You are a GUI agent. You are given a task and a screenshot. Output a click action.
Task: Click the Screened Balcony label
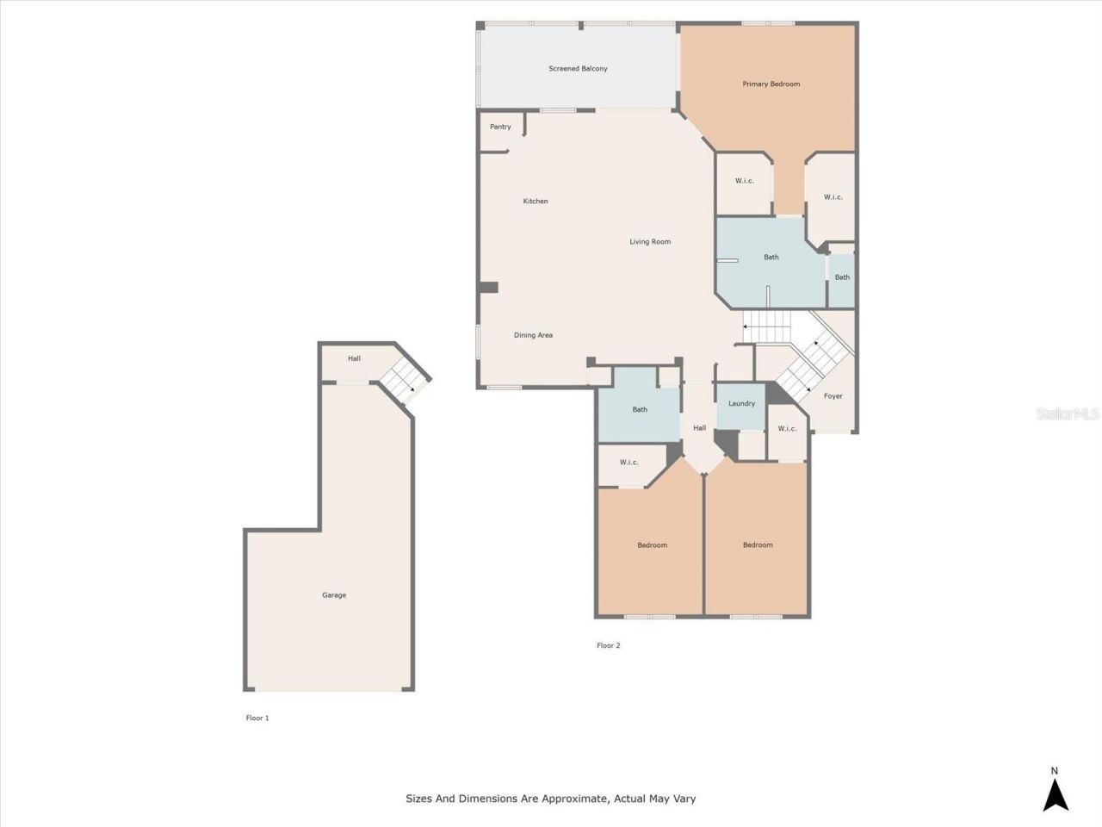(578, 69)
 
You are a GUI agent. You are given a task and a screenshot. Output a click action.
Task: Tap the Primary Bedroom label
(771, 84)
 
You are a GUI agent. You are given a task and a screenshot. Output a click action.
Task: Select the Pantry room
(500, 127)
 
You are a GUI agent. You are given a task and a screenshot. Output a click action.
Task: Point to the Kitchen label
(536, 202)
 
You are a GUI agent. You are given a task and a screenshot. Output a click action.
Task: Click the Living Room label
(649, 242)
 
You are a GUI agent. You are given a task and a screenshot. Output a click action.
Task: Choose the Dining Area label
(533, 335)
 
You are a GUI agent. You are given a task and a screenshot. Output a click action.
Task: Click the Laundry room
(741, 404)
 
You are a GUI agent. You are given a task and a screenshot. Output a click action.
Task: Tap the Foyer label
(833, 396)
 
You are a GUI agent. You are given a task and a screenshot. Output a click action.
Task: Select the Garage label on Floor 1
(334, 595)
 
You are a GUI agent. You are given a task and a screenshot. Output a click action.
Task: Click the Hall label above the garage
(354, 359)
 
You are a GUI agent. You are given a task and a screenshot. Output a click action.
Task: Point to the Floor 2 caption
(608, 645)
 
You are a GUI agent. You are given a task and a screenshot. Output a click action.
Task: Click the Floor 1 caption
(257, 718)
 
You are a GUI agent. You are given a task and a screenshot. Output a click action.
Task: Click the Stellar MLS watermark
(1068, 414)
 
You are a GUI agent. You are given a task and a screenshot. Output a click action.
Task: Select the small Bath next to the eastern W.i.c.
(842, 277)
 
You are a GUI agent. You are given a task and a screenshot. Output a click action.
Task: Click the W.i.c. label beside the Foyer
(787, 429)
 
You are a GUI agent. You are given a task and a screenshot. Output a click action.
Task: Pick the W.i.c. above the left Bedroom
(629, 463)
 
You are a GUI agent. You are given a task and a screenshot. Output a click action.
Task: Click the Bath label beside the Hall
(640, 410)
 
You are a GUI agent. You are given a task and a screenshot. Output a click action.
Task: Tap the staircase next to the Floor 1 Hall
(403, 382)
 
